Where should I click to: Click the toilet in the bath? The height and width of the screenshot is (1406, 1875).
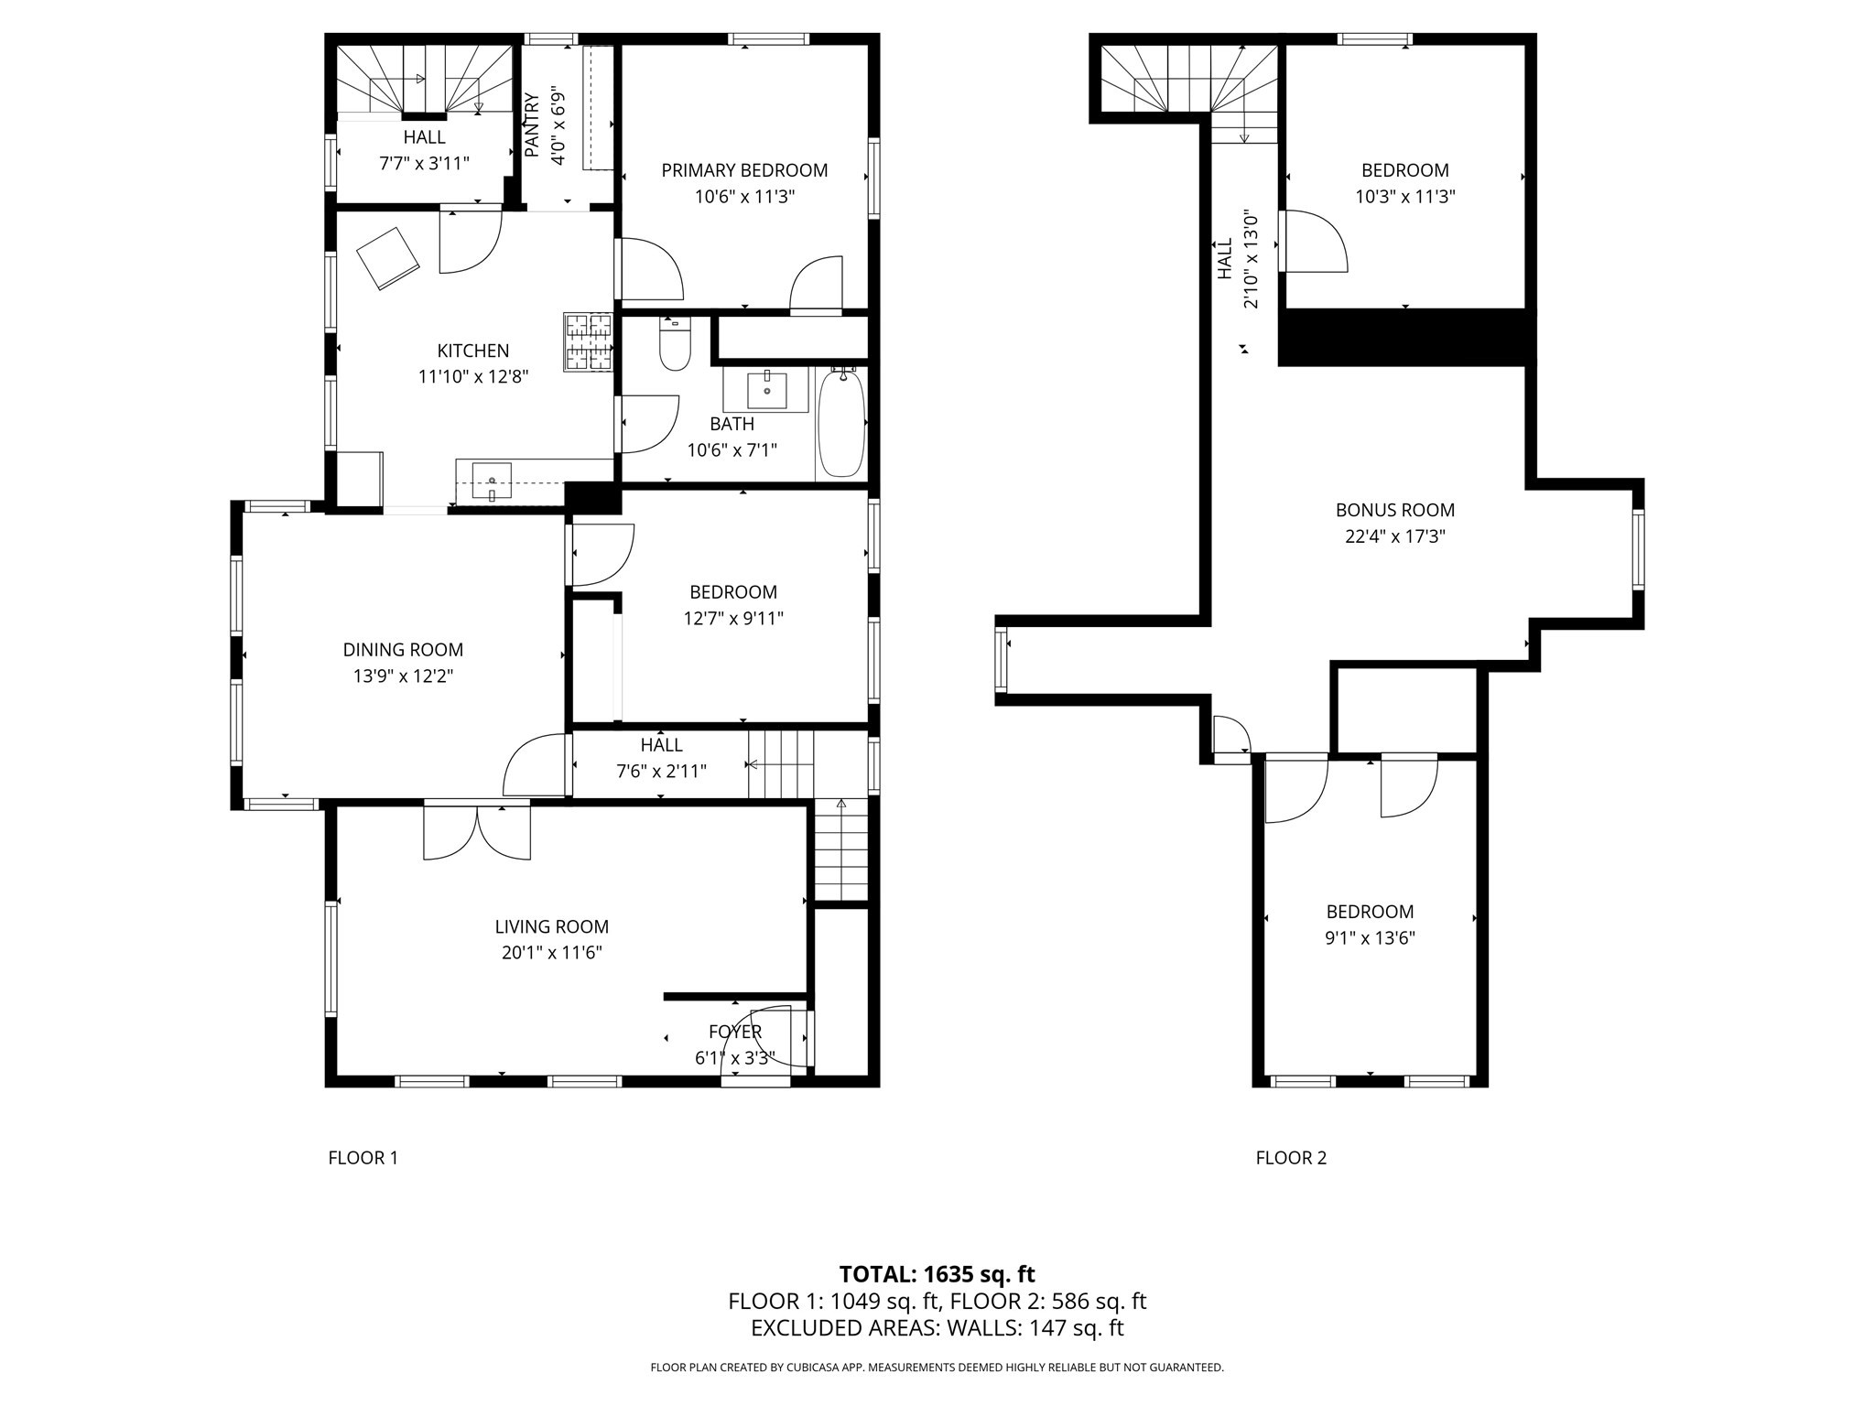coord(675,346)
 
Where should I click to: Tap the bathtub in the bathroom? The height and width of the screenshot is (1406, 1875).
coord(840,423)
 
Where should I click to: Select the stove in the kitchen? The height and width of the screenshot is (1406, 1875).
coord(588,342)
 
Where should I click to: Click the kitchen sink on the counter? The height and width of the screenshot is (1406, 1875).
coord(492,481)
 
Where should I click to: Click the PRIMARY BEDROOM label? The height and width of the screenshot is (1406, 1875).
coord(744,170)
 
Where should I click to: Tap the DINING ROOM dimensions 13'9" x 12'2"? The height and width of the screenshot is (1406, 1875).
coord(403,676)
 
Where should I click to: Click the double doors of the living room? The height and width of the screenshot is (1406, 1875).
coord(477,831)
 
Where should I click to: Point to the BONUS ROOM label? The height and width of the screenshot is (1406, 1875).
coord(1394,510)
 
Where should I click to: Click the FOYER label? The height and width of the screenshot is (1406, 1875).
coord(735,1033)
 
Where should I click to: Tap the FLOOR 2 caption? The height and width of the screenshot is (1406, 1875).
coord(1291,1158)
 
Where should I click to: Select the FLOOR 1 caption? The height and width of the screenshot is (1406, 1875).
coord(363,1158)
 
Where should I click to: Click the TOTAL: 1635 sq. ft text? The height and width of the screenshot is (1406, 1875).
coord(937,1274)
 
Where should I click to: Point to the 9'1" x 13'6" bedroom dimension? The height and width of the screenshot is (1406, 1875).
coord(1370,938)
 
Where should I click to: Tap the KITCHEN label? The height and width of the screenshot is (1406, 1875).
coord(472,351)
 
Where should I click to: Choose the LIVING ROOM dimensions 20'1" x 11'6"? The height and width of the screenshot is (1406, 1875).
coord(551,953)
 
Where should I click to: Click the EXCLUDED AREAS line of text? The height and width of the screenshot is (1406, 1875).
coord(937,1328)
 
